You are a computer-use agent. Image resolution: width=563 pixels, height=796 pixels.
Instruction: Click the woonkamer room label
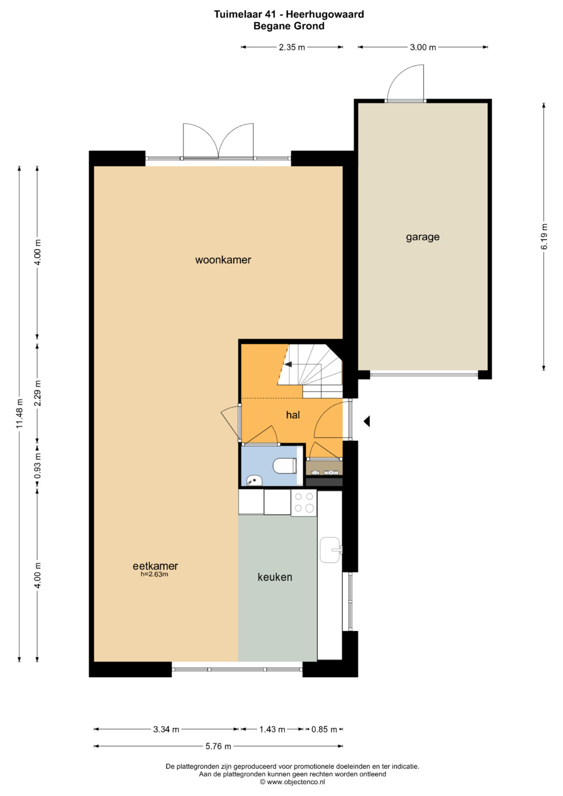(x=223, y=260)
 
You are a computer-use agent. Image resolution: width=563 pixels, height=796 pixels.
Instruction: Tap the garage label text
(x=423, y=237)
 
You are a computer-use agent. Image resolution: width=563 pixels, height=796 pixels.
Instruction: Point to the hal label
(x=293, y=415)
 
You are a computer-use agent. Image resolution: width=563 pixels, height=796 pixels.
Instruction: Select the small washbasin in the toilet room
(x=254, y=481)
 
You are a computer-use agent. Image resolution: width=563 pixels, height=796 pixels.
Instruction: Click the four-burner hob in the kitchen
(x=304, y=503)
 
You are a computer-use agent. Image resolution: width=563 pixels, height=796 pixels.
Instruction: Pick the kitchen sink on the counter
(x=331, y=550)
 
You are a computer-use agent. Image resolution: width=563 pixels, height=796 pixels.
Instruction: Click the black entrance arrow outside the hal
(x=366, y=421)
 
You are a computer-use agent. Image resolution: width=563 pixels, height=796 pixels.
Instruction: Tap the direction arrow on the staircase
(x=288, y=364)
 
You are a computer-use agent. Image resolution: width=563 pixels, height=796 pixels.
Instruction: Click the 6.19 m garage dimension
(x=544, y=237)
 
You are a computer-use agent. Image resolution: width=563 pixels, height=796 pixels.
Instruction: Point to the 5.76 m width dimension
(x=218, y=746)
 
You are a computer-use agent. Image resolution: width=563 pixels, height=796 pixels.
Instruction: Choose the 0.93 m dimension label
(x=38, y=465)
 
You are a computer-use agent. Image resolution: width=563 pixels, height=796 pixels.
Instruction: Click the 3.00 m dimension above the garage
(x=423, y=47)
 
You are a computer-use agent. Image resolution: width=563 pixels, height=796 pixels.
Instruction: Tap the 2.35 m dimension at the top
(x=292, y=47)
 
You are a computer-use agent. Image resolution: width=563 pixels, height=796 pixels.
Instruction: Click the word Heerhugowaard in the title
(x=325, y=14)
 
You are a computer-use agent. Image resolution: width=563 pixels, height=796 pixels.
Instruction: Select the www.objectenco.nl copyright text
(x=292, y=782)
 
